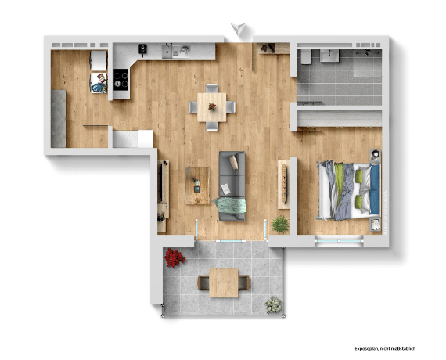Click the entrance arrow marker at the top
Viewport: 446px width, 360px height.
pos(238,29)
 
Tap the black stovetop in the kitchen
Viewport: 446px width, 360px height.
pos(120,80)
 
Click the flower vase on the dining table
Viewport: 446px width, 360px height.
pos(212,107)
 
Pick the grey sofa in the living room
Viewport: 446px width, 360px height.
pos(232,185)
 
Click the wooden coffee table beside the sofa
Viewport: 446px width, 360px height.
pos(197,185)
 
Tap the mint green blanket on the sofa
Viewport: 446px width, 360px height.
pos(230,205)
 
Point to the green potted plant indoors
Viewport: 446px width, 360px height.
pos(280,225)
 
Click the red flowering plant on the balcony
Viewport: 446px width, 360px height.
pos(174,257)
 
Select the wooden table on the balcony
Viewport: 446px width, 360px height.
pos(224,283)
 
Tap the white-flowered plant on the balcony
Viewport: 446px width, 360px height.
pos(274,305)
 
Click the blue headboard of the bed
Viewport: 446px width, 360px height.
pos(375,189)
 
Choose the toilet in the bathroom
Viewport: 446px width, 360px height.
pos(306,56)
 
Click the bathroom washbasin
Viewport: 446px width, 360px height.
pos(329,56)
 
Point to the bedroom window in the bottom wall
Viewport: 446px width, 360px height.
pos(339,241)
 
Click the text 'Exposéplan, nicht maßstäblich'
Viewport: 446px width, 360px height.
pos(385,348)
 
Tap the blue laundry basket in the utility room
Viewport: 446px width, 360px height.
pos(98,88)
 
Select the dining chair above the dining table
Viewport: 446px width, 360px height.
pos(212,88)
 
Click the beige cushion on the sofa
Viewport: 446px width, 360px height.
pos(234,162)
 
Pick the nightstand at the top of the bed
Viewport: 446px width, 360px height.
pos(375,156)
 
